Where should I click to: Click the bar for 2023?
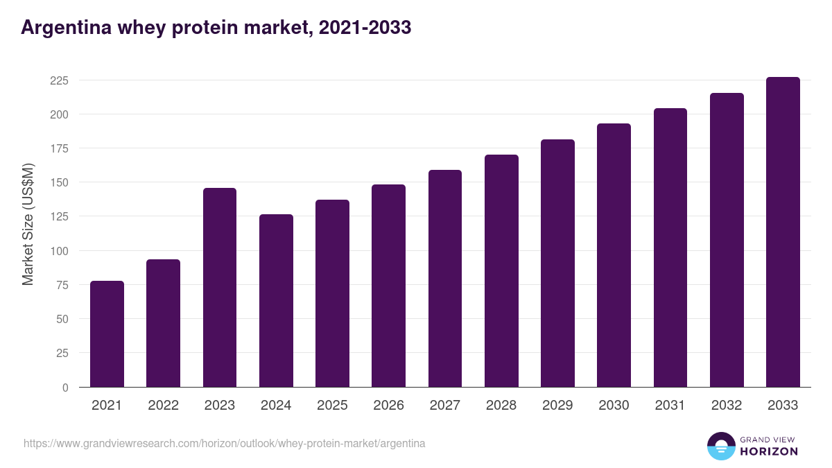tap(220, 287)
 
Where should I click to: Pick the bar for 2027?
tap(445, 278)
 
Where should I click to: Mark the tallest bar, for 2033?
tap(783, 232)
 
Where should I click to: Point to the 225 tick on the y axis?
tap(59, 80)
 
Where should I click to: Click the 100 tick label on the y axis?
tap(59, 250)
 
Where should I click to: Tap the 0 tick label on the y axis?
tap(65, 387)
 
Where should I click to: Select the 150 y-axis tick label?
tap(59, 182)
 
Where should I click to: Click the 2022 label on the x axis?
tap(163, 406)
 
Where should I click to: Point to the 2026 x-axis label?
tap(388, 406)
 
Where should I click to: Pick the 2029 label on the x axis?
tap(557, 406)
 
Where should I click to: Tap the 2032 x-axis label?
tap(727, 406)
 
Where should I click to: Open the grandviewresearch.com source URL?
tap(224, 443)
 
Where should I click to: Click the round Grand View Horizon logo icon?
tap(721, 446)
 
